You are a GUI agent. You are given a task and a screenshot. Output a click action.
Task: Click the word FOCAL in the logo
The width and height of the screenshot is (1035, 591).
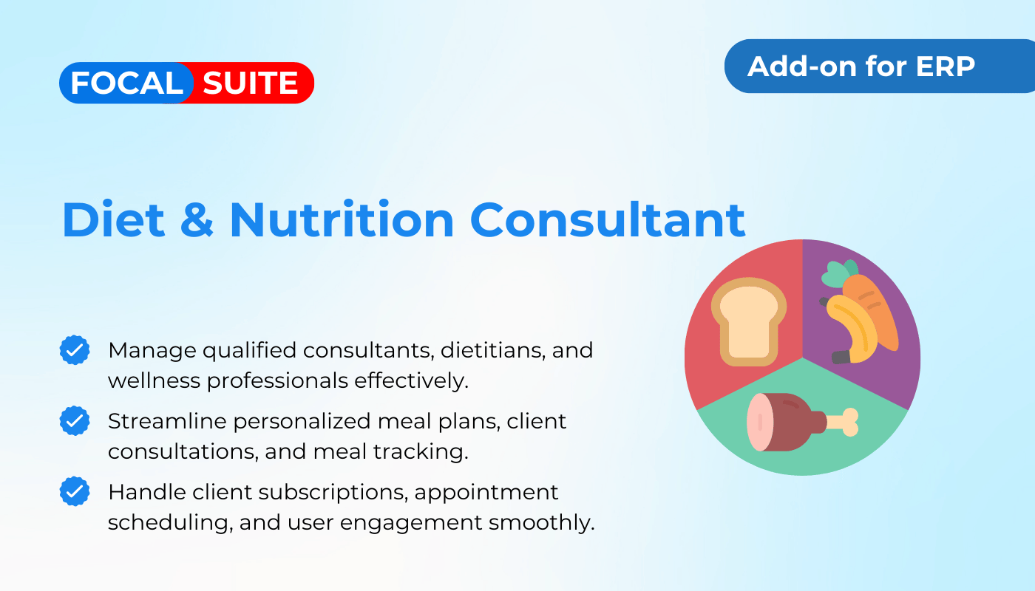point(126,83)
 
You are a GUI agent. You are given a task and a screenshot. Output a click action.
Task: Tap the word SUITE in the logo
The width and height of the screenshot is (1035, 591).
point(250,83)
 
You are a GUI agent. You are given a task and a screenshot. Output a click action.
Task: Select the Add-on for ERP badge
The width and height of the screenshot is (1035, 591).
point(879,66)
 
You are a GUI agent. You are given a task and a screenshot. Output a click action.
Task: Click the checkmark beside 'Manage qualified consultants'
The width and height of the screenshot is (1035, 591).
point(75,350)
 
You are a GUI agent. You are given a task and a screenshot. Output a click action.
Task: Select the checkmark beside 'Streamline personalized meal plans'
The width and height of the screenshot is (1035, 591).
point(75,420)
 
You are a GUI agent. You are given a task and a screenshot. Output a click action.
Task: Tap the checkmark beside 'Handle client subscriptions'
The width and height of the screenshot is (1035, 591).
point(75,491)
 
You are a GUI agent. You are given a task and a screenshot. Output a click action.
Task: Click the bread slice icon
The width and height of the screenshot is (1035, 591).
point(748,321)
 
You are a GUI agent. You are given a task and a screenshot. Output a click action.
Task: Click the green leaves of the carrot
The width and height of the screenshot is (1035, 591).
point(838,273)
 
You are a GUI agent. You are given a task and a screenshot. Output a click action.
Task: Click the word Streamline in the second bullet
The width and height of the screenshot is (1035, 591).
point(167,421)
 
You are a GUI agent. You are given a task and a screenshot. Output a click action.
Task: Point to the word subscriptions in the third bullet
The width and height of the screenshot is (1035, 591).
point(333,493)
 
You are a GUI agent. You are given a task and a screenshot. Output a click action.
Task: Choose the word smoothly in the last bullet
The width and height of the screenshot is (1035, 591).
point(541,523)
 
